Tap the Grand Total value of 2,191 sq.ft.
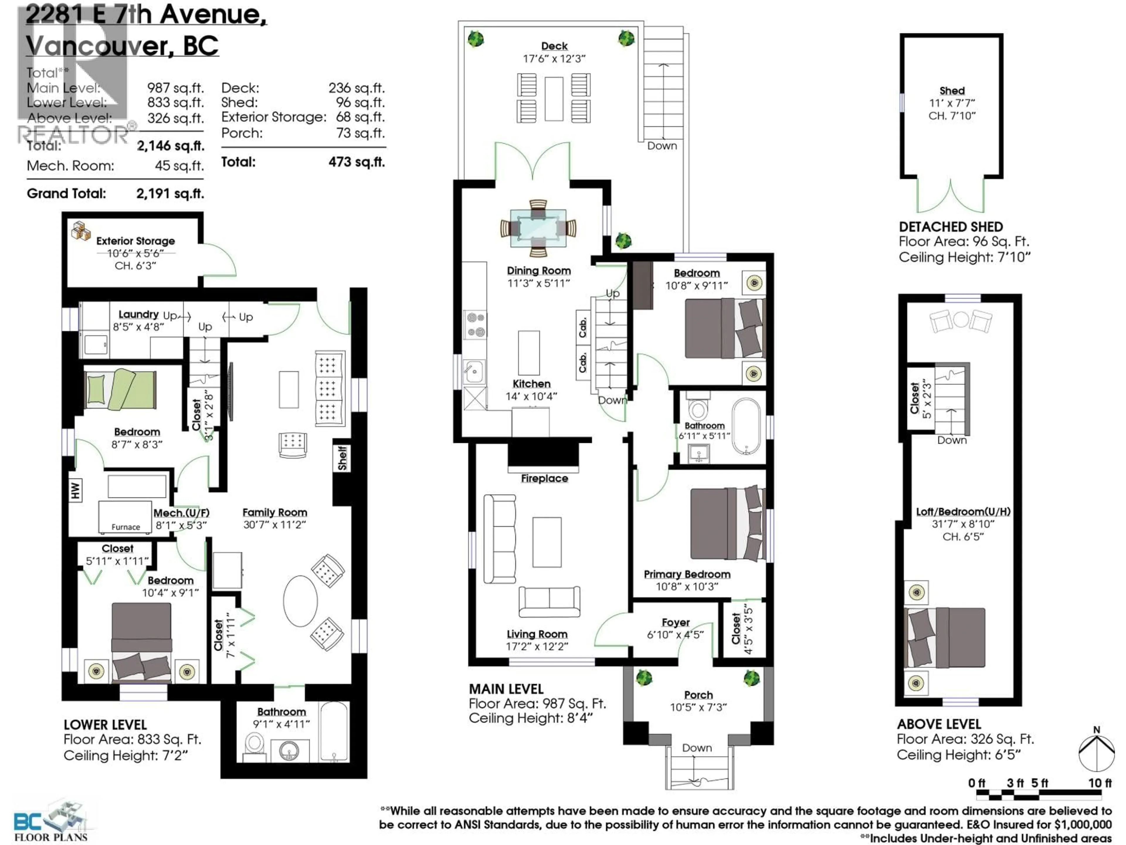pyautogui.click(x=170, y=194)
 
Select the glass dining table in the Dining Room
pyautogui.click(x=538, y=228)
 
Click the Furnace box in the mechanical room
pyautogui.click(x=125, y=518)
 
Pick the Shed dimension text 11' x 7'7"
pyautogui.click(x=952, y=103)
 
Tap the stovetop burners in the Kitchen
pyautogui.click(x=475, y=325)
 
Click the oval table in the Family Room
pyautogui.click(x=300, y=601)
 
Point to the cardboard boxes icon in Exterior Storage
pyautogui.click(x=80, y=230)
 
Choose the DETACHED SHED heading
pyautogui.click(x=950, y=227)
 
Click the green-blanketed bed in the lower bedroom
pyautogui.click(x=120, y=390)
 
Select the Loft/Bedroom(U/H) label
pyautogui.click(x=963, y=511)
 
